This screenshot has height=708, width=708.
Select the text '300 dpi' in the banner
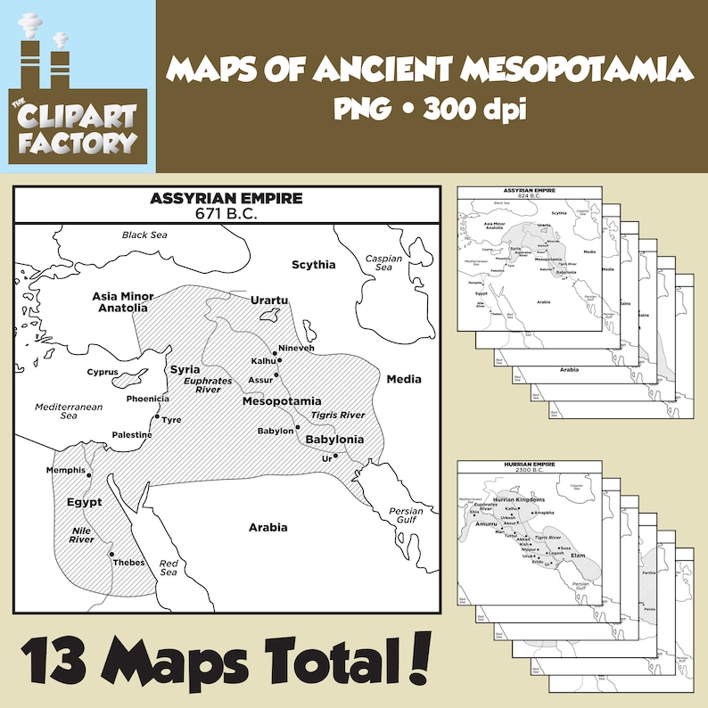pyautogui.click(x=473, y=111)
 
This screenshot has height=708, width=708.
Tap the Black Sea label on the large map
pyautogui.click(x=144, y=235)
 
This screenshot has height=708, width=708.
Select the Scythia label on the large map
pyautogui.click(x=314, y=264)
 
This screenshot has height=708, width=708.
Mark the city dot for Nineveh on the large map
pyautogui.click(x=276, y=353)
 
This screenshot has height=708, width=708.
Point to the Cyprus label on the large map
pyautogui.click(x=103, y=371)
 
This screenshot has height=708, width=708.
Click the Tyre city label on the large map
pyautogui.click(x=171, y=419)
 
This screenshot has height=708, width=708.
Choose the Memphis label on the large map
pyautogui.click(x=66, y=470)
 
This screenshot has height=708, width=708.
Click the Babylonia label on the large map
pyautogui.click(x=334, y=440)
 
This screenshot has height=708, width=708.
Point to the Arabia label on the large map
pyautogui.click(x=268, y=527)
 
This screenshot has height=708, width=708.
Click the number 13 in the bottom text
pyautogui.click(x=57, y=663)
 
